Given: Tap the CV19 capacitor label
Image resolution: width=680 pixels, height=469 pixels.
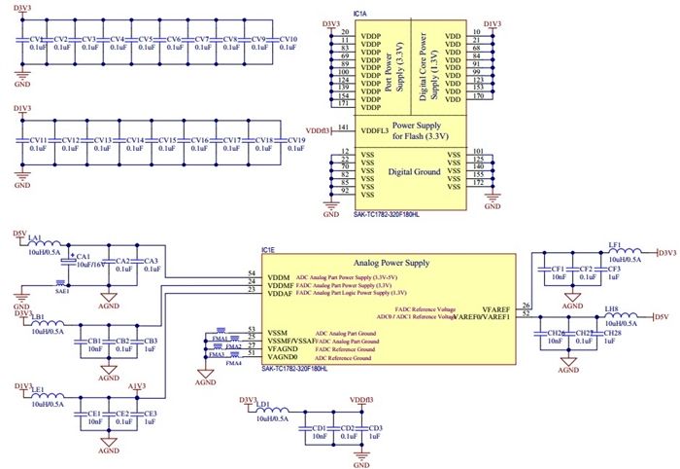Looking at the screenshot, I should [294, 140].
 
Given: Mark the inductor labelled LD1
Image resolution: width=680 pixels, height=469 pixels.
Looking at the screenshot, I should [261, 402].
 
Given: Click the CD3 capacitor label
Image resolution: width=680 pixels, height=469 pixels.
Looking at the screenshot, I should [375, 427].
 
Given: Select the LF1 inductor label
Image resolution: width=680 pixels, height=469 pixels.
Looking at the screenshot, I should [614, 245].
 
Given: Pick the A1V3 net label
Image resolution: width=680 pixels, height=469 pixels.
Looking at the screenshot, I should [137, 385].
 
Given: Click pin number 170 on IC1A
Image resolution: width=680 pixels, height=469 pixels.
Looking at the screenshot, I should [477, 96].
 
